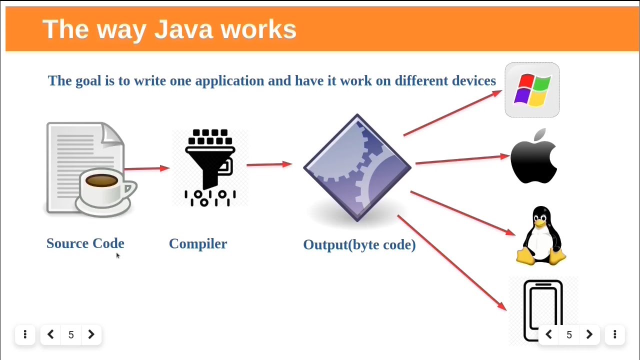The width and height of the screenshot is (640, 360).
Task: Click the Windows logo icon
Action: (532, 90)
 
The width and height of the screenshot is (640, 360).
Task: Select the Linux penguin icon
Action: (541, 235)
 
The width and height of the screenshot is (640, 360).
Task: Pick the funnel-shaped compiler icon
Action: (210, 167)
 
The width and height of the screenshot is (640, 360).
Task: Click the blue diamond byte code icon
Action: (357, 167)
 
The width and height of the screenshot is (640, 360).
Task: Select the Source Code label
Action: (85, 243)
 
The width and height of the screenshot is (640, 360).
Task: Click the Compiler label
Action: (198, 244)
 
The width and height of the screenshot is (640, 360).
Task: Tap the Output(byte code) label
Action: (359, 244)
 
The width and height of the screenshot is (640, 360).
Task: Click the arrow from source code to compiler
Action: (146, 169)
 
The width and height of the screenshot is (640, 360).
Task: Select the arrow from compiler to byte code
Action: (269, 164)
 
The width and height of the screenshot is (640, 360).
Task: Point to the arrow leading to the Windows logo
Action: (452, 113)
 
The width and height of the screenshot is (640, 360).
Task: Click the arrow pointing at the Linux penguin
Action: (462, 213)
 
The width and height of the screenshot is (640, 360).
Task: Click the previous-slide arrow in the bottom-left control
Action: (50, 334)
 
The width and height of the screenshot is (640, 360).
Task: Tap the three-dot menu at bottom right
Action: (614, 334)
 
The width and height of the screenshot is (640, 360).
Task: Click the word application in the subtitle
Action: (228, 81)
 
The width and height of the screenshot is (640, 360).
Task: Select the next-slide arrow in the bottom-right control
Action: (589, 334)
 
